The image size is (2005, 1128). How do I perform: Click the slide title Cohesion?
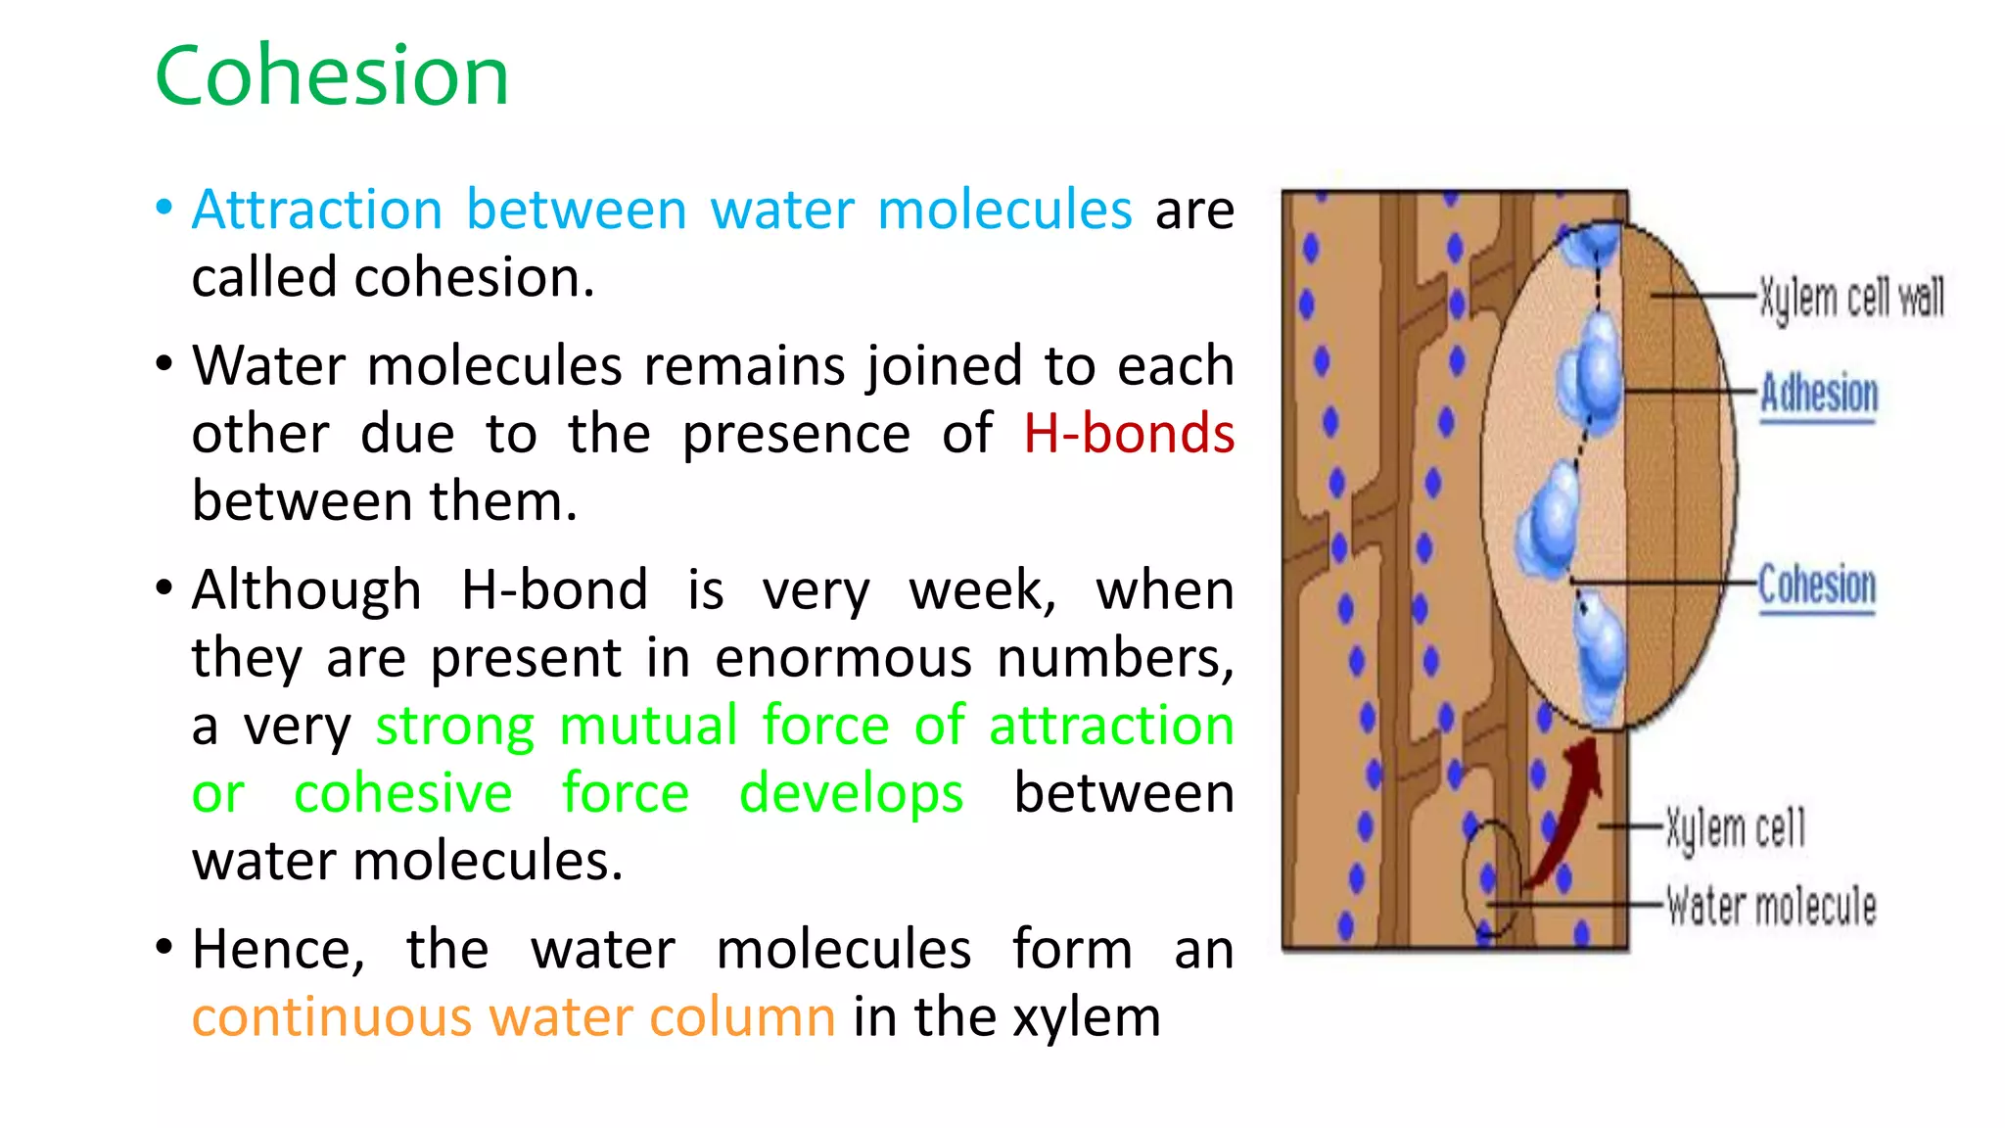pos(332,76)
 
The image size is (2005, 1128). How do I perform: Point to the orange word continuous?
pos(332,1017)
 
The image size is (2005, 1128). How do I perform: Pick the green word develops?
pos(851,793)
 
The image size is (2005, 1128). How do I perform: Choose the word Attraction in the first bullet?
pos(317,210)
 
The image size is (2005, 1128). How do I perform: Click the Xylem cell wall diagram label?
pos(1851,297)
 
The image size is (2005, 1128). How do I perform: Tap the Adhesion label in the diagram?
pos(1819,394)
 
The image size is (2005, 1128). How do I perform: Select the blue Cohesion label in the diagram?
pos(1817,586)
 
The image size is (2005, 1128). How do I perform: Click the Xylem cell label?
pos(1736,828)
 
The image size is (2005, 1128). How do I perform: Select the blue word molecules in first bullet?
pos(1004,210)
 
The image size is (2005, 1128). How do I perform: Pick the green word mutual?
pos(648,726)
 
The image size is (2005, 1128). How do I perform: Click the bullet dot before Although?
pos(164,588)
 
